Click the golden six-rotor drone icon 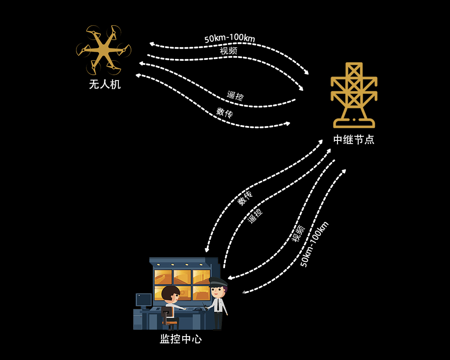click(103, 50)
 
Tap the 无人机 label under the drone click(105, 85)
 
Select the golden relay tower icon click(354, 95)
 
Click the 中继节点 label click(354, 140)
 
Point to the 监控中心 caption click(181, 339)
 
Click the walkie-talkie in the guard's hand click(205, 306)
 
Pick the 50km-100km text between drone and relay click(229, 38)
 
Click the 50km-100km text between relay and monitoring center click(314, 244)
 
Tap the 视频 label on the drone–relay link click(229, 51)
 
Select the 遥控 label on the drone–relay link click(235, 95)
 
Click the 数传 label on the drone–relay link click(225, 112)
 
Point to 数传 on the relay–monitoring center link click(245, 198)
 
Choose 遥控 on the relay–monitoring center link click(255, 216)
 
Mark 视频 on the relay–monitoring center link click(298, 234)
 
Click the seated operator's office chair click(169, 319)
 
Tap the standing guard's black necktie click(219, 306)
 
